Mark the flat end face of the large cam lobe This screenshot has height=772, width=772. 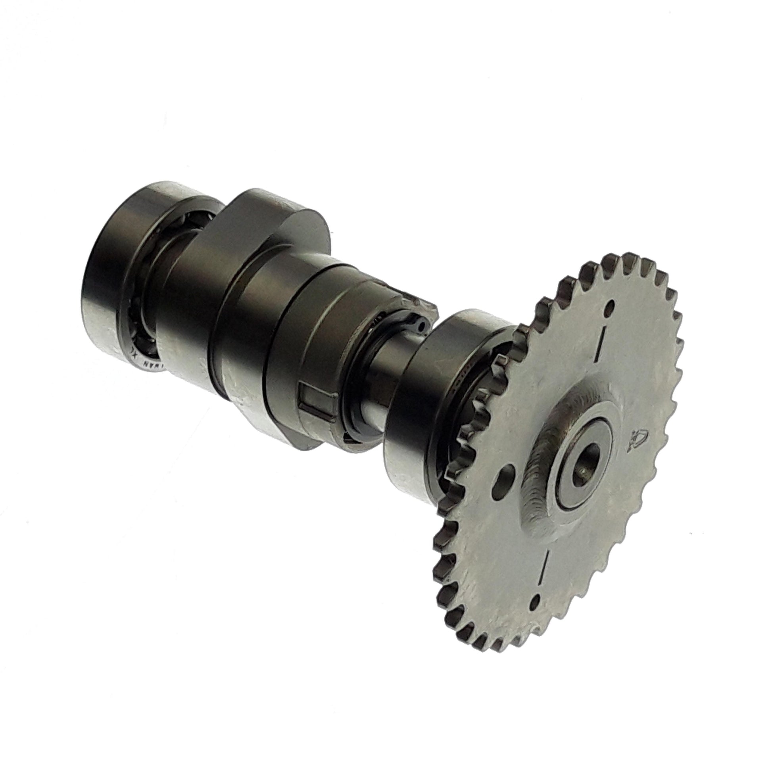click(304, 228)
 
